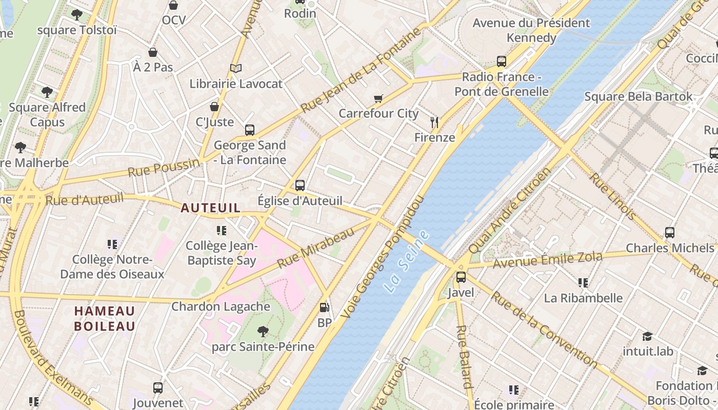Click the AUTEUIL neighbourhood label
tap(210, 208)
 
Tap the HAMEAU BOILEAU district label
tap(105, 318)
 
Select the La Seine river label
tap(406, 262)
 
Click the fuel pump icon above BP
tap(324, 307)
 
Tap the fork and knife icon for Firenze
tap(434, 122)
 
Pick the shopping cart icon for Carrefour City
tap(378, 98)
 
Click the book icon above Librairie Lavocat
tap(236, 68)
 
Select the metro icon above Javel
tap(461, 277)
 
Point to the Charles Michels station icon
tap(670, 232)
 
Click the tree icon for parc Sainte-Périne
tap(263, 332)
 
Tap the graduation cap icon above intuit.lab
tap(648, 336)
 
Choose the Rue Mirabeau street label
tap(316, 248)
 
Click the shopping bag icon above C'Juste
tap(214, 107)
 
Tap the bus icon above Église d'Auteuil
tap(300, 185)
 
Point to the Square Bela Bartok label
tap(638, 96)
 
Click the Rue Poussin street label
tap(163, 168)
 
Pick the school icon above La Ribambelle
tap(583, 282)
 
